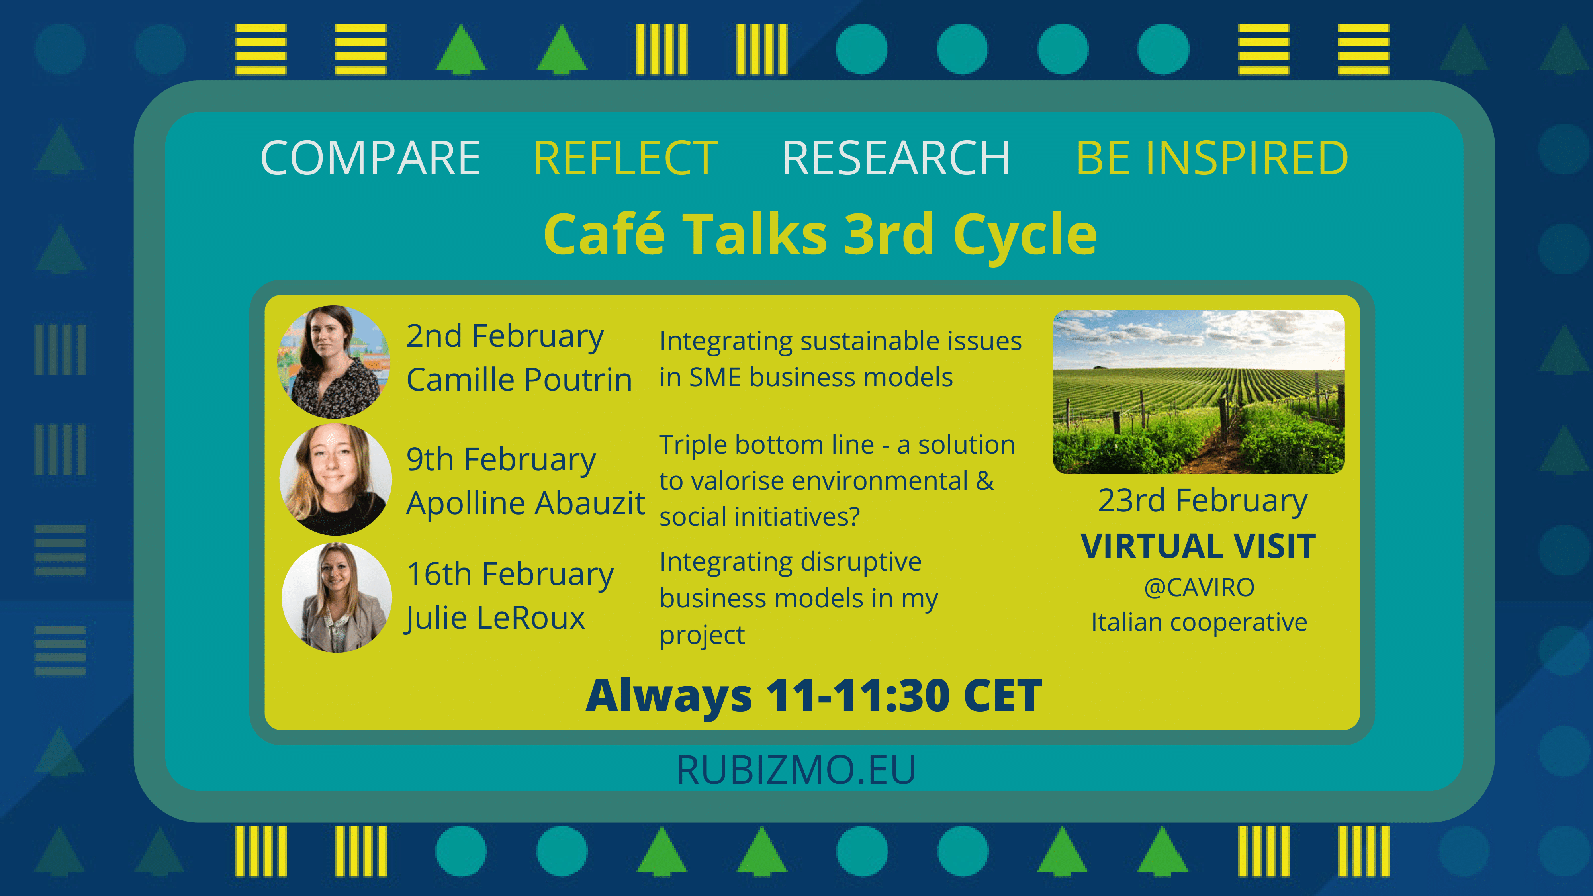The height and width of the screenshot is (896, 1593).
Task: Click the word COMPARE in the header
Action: (371, 158)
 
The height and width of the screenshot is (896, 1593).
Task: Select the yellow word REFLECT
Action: (626, 158)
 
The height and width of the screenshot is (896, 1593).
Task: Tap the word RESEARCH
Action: (896, 158)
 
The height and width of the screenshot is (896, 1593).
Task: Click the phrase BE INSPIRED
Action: (1212, 158)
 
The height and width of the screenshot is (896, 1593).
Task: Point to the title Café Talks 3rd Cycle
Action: (820, 235)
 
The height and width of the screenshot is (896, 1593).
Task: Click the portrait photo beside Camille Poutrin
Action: (334, 362)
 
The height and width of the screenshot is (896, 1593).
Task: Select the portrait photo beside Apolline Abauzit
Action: (335, 479)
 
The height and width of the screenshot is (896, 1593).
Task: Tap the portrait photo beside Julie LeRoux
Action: (337, 597)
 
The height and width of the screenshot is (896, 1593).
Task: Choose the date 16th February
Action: (510, 575)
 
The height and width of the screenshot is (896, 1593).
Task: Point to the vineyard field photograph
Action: (1198, 392)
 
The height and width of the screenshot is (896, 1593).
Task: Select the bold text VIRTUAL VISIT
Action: (1198, 547)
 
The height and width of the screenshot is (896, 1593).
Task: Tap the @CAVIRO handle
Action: (1199, 587)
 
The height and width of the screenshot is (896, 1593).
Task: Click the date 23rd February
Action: (1203, 501)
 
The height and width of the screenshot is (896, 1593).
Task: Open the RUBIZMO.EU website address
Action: (796, 770)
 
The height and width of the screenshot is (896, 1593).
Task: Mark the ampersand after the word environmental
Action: (985, 481)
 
